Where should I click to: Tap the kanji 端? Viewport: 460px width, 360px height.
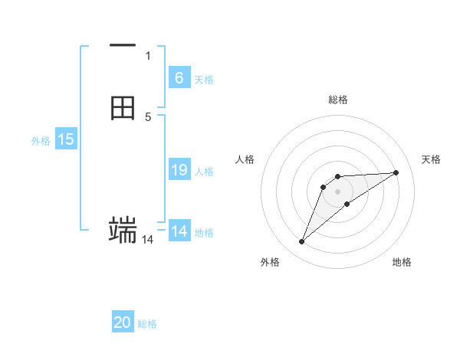coord(123,229)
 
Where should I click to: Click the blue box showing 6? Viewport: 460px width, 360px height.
coord(179,77)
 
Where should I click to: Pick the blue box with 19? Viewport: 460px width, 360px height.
coord(179,170)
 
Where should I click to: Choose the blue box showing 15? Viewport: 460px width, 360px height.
coord(66,139)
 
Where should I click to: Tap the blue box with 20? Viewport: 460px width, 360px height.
coord(123,322)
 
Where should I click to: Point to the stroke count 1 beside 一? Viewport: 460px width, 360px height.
coord(148,55)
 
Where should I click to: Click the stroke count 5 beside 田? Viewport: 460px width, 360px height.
coord(148,116)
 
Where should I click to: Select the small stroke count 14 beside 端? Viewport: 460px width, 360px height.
coord(147,240)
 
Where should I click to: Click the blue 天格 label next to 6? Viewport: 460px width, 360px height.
coord(204,79)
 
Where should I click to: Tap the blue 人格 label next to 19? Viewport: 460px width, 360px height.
coord(204,172)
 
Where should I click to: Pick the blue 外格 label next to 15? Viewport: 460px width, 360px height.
coord(41,141)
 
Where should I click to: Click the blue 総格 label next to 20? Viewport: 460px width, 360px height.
coord(147,324)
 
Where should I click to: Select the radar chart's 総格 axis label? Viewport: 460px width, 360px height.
coord(338,100)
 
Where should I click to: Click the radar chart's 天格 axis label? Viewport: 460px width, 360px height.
coord(431,159)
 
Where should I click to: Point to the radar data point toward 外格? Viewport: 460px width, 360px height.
coord(302,242)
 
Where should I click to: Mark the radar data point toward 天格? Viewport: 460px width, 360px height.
coord(396,172)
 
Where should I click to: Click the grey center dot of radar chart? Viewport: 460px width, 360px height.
coord(338,191)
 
